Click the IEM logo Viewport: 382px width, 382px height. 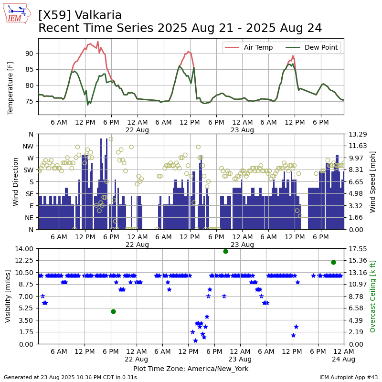point(17,13)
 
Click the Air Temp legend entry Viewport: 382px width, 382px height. point(248,47)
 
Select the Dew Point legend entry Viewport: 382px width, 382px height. point(312,47)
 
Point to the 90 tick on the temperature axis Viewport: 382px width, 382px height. point(29,53)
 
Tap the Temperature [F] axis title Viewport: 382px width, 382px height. point(10,88)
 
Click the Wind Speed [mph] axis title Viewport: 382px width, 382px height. point(372,182)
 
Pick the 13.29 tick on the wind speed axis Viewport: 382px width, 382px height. point(358,134)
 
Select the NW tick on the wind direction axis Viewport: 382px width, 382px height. point(28,146)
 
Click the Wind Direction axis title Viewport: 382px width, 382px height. point(15,182)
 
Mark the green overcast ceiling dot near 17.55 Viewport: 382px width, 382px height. point(225,252)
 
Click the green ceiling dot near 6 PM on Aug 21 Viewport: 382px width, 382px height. point(113,312)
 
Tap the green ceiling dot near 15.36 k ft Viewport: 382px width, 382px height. point(333,262)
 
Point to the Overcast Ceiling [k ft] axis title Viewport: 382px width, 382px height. point(372,297)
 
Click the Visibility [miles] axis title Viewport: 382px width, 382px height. point(8,297)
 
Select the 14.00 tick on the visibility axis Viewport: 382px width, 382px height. point(24,249)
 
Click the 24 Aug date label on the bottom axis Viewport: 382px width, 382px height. point(343,359)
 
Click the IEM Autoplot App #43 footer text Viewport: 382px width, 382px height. point(349,377)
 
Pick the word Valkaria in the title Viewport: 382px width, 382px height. point(98,15)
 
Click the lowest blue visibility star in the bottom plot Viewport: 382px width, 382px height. point(195,340)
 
